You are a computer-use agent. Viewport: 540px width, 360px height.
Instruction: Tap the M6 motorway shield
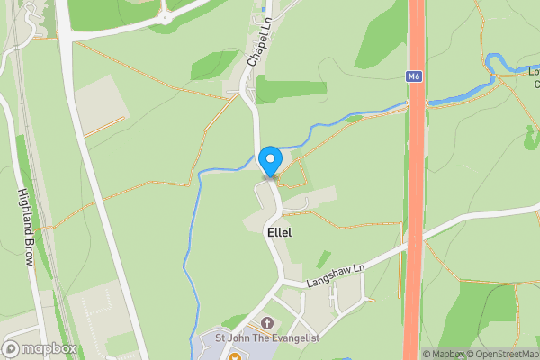(x=414, y=77)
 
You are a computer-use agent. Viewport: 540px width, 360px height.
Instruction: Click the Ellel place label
(x=280, y=232)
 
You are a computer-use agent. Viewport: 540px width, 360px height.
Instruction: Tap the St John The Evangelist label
(x=266, y=338)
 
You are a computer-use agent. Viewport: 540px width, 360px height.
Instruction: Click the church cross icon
(x=266, y=322)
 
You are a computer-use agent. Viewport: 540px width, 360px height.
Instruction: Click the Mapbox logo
(x=40, y=348)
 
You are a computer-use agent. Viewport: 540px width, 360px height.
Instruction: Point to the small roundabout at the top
(x=165, y=17)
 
